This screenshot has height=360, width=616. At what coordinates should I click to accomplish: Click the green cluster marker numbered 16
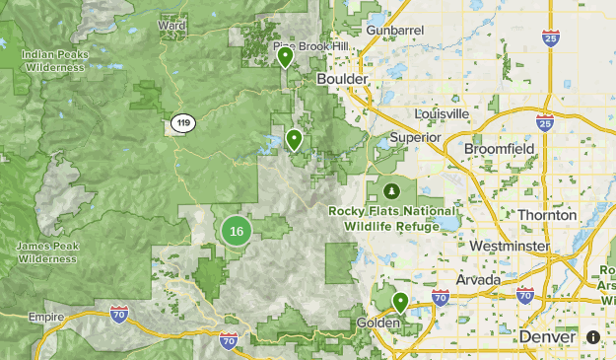(x=236, y=232)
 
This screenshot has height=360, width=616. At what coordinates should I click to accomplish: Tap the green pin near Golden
(x=400, y=302)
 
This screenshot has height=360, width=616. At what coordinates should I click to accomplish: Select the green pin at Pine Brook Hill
(x=285, y=56)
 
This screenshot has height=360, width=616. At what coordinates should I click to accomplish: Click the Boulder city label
(x=342, y=78)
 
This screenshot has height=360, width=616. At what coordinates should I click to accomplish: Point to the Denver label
(x=546, y=337)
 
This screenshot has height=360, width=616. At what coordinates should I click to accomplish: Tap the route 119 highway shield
(x=182, y=123)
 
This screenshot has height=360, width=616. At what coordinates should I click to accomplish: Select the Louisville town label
(x=443, y=113)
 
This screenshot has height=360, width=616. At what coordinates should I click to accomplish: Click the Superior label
(x=415, y=138)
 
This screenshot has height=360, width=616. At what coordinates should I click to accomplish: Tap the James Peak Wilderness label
(x=45, y=252)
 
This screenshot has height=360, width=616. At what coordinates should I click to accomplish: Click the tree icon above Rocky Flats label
(x=391, y=189)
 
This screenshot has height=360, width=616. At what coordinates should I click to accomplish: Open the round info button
(x=593, y=337)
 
